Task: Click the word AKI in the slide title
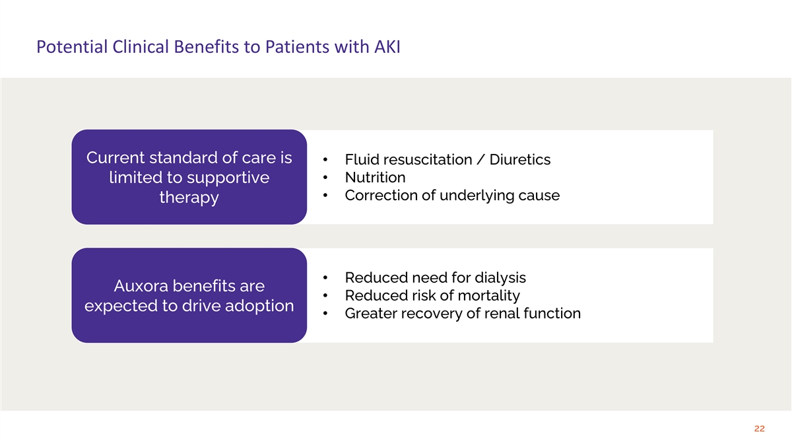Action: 385,48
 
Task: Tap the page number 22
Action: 759,429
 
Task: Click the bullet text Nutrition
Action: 375,178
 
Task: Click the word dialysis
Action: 499,278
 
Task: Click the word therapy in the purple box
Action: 189,198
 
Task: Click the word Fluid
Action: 361,160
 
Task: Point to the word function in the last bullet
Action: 550,313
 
